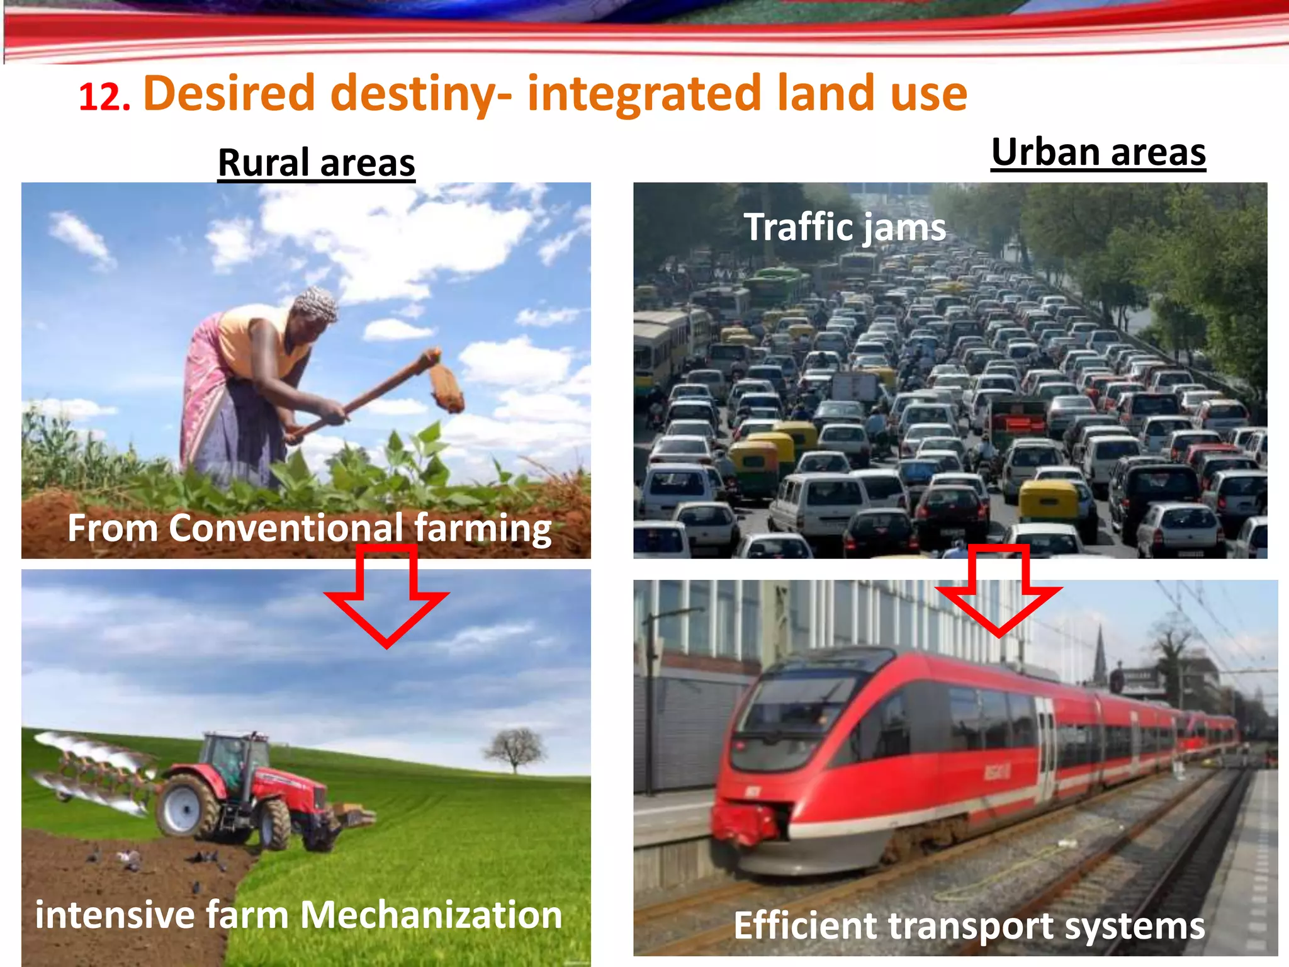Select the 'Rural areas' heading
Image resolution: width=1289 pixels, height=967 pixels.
317,162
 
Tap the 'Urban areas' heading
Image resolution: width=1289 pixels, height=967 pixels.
1098,152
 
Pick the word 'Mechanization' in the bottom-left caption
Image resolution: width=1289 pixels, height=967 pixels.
431,914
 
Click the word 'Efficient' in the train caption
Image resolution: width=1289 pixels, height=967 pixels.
805,925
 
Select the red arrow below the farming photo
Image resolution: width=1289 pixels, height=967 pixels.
386,595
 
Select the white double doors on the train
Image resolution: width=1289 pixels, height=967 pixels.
1045,749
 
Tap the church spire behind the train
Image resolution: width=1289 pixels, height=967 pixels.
1100,655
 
